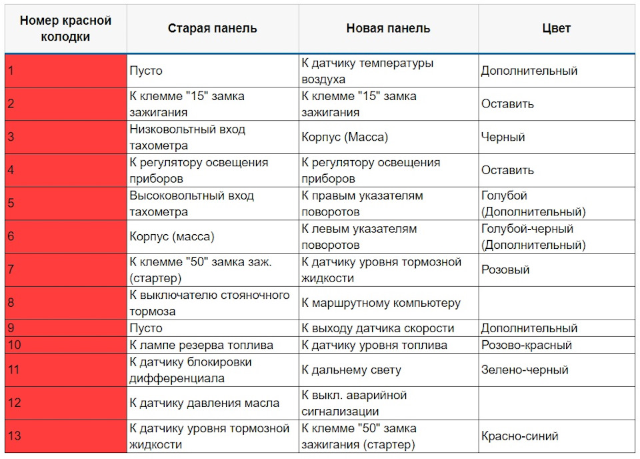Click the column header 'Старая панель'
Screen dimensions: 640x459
pos(212,28)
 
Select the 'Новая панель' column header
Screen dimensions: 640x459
pos(388,28)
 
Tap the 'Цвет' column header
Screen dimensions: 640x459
pos(556,28)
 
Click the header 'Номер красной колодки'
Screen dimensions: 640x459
pos(66,28)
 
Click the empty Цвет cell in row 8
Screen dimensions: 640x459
pos(556,303)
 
